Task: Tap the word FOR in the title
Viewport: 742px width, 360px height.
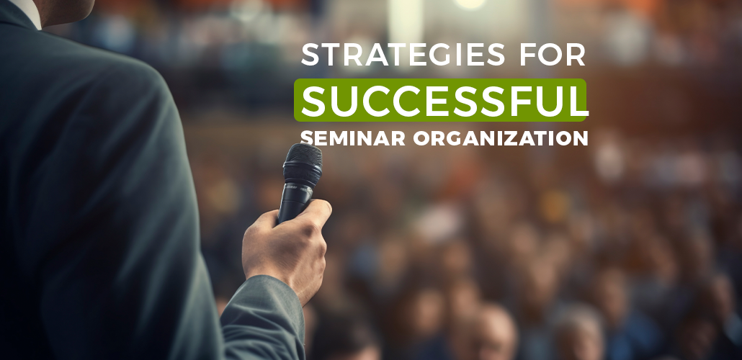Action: coord(553,55)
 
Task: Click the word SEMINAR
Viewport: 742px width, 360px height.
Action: coord(352,138)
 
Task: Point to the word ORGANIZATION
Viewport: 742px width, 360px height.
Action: coord(501,138)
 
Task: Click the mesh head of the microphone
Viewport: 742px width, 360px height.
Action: coord(303,159)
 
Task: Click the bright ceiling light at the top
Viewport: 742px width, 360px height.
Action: coord(470,4)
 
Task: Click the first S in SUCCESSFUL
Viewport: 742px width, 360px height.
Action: coord(316,100)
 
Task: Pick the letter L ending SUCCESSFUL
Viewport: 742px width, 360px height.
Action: coord(577,100)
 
